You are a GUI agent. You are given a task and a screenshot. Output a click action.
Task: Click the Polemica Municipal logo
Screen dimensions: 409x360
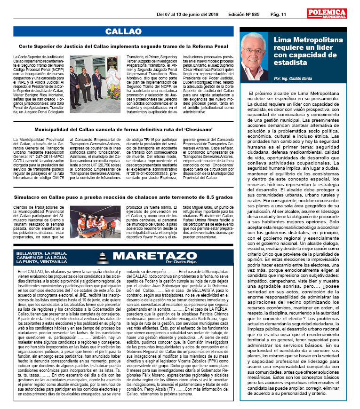pos(327,14)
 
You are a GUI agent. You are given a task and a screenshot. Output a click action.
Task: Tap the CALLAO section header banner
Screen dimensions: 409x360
pos(123,31)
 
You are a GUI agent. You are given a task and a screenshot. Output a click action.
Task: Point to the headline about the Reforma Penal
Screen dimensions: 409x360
pos(124,47)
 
